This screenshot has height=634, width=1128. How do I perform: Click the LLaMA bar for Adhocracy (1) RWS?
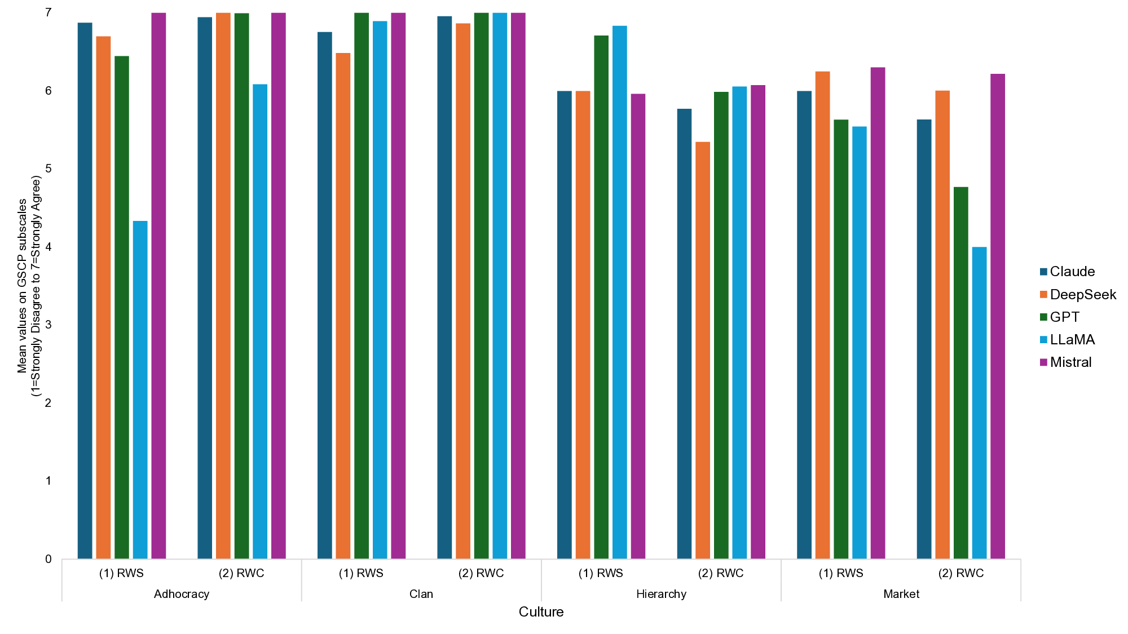click(x=140, y=389)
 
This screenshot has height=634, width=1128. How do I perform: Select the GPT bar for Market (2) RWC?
click(x=961, y=373)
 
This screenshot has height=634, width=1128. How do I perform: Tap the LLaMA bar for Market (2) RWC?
click(x=980, y=402)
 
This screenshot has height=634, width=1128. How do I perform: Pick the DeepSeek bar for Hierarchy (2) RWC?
click(x=703, y=350)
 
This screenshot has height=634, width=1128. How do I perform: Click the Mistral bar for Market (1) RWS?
click(x=878, y=313)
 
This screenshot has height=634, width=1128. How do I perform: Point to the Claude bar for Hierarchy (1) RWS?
click(x=565, y=325)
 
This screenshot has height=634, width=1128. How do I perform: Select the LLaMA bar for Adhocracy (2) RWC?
click(x=260, y=321)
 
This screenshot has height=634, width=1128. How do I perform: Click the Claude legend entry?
click(x=1072, y=272)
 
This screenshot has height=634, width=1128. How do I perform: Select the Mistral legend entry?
click(x=1070, y=362)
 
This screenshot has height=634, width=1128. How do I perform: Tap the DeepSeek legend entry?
click(x=1082, y=295)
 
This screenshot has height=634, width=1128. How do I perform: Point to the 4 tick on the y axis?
click(x=48, y=247)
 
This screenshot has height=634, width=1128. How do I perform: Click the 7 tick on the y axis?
click(x=48, y=12)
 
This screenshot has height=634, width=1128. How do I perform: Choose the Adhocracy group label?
click(x=182, y=594)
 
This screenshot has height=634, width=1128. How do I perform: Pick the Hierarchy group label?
click(x=661, y=594)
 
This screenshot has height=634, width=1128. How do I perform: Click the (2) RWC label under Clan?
click(x=481, y=573)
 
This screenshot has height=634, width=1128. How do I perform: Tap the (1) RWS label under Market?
click(x=841, y=573)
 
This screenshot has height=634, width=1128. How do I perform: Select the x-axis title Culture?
click(x=541, y=612)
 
